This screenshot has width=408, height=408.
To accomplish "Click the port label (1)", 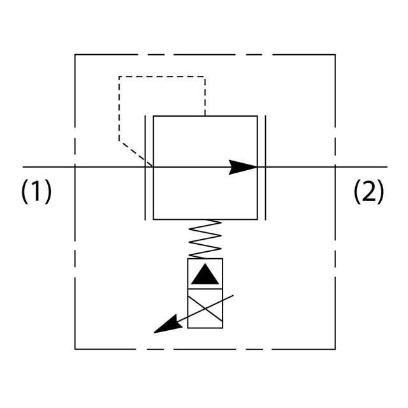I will tap(36, 191).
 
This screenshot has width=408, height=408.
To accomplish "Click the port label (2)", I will tap(369, 191).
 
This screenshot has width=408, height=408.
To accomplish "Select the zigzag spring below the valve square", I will tap(205, 239).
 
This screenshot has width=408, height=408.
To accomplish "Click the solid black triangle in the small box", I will tap(205, 275).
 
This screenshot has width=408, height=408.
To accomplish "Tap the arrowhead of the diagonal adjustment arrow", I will tap(164, 326).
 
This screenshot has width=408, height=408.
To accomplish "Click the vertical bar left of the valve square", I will tap(145, 167).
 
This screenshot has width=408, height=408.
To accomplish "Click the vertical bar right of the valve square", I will tap(265, 167).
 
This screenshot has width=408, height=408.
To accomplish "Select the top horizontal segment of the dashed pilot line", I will tap(162, 76).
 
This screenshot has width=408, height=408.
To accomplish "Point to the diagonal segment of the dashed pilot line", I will tap(136, 153).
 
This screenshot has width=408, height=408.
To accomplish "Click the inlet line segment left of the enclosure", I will tap(48, 167).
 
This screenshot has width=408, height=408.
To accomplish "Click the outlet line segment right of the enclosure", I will tap(361, 167).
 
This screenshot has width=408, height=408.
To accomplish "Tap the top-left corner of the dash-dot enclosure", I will tap(75, 55).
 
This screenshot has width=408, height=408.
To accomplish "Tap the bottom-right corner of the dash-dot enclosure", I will tap(335, 349).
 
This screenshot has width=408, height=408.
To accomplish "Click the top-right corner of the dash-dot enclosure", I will tap(335, 55).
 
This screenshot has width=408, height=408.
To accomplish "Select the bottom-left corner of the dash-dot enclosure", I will tap(75, 349).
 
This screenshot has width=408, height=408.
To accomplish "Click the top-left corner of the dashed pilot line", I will tap(119, 76).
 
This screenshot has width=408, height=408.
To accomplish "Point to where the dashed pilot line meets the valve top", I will tap(205, 115).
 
